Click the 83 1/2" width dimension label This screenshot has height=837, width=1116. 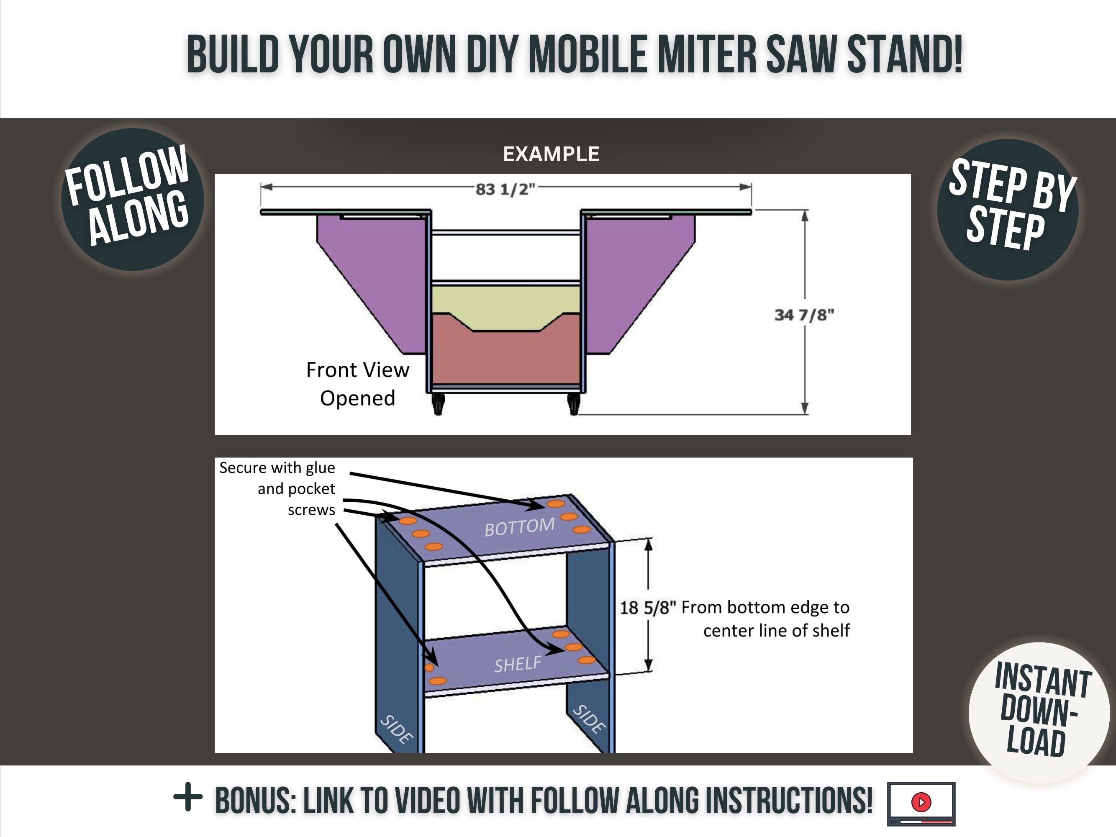point(505,189)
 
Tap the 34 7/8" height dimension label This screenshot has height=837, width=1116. point(804,315)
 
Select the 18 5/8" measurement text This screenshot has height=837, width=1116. point(647,607)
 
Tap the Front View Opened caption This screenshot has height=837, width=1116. point(357,384)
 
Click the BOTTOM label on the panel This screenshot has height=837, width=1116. point(519,527)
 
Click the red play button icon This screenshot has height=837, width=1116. point(921,802)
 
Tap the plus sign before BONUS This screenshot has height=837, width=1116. point(188,798)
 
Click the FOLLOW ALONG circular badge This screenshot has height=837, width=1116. point(132,199)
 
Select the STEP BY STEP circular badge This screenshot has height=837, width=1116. point(1008,209)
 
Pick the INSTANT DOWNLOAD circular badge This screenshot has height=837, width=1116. point(1039,711)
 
